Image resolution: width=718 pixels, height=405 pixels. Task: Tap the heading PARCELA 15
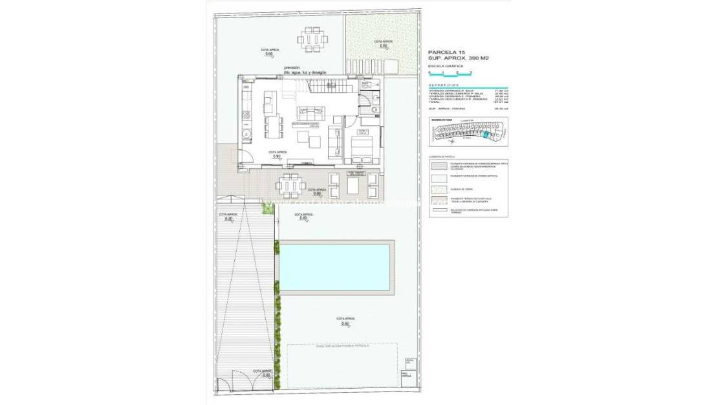446,51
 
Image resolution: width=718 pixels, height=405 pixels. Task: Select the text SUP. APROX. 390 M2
459,58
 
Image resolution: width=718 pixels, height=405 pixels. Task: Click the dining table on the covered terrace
292,184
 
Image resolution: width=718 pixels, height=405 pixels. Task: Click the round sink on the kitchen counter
246,134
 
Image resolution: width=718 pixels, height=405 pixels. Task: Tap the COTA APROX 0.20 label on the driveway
228,217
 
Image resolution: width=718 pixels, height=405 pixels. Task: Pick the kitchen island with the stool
270,103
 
